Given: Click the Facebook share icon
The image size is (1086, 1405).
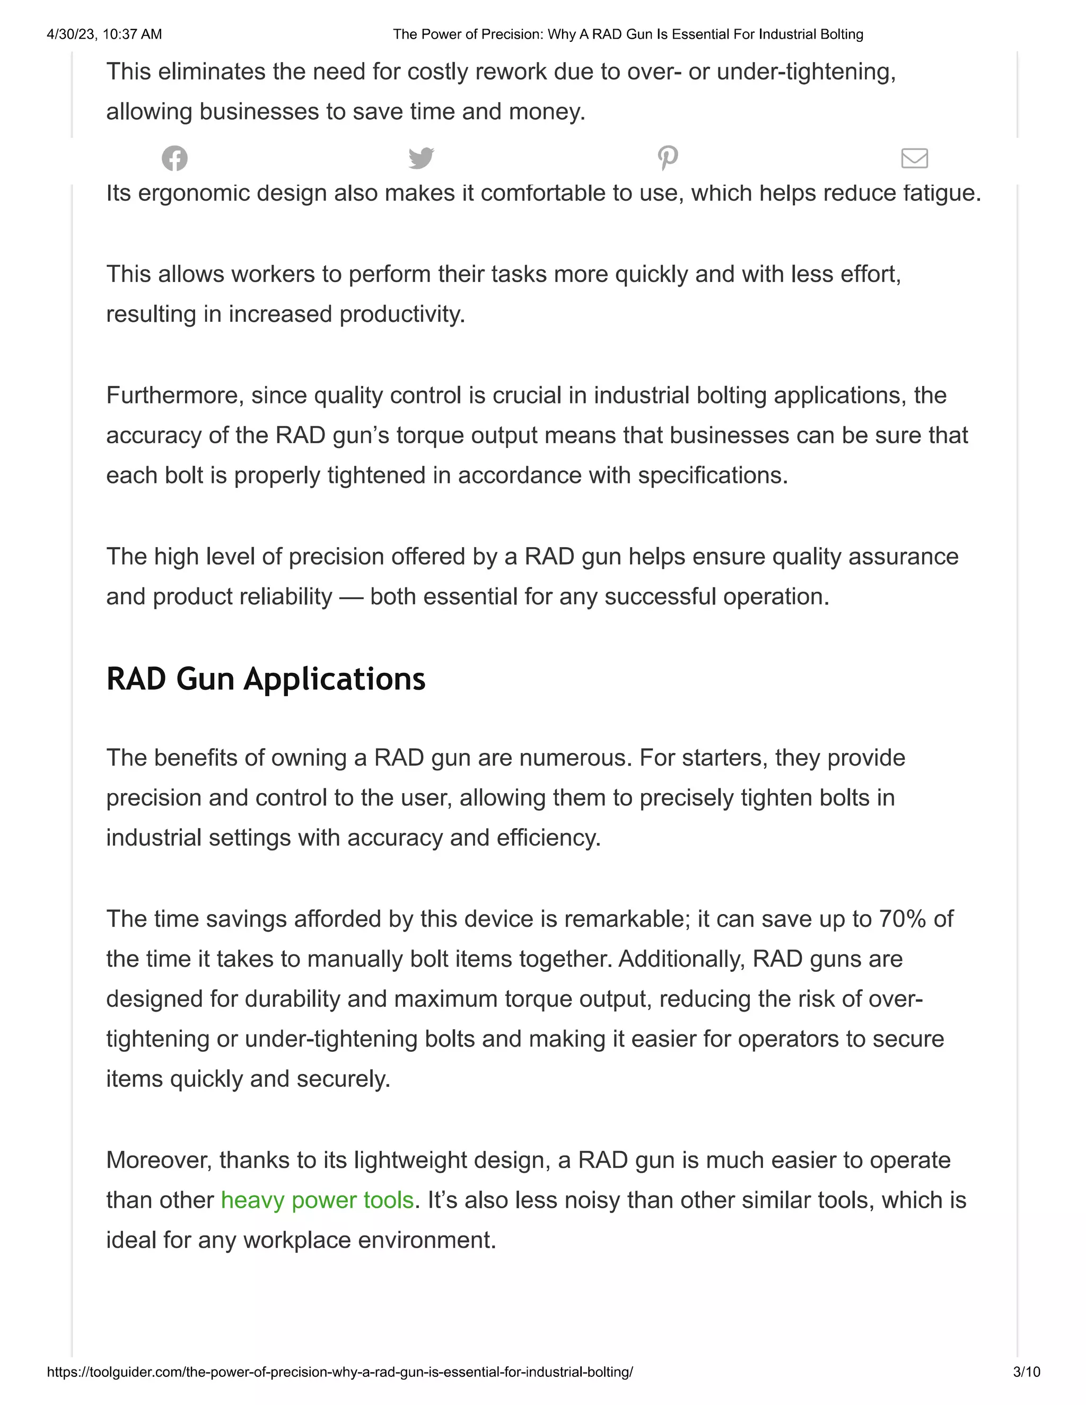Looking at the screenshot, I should [x=174, y=158].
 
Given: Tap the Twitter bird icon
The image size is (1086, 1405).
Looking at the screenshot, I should [x=422, y=157].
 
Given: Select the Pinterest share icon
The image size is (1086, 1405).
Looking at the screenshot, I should [x=668, y=157].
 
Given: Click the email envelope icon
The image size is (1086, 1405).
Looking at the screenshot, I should [x=914, y=157].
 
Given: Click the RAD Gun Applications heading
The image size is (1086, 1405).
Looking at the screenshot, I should [x=266, y=679].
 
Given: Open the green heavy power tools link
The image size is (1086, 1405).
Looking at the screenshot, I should [x=317, y=1200].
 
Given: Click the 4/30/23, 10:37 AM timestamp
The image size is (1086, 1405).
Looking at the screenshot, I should [x=104, y=34].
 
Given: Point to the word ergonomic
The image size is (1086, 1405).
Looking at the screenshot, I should [x=194, y=193].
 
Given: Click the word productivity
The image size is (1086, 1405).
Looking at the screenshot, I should [x=401, y=314].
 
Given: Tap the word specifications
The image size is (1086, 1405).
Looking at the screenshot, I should [x=712, y=476].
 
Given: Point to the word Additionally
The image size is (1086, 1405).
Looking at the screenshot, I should [x=681, y=959].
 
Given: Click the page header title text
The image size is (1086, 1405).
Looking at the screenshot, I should [x=628, y=34].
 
